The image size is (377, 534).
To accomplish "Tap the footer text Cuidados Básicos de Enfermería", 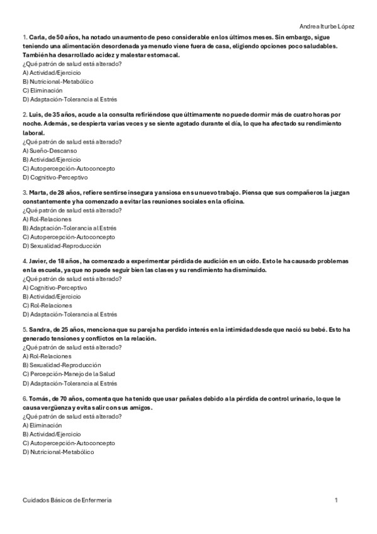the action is [x=67, y=499].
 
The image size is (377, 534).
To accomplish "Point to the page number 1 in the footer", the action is [x=337, y=499].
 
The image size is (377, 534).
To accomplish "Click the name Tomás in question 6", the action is [x=39, y=399].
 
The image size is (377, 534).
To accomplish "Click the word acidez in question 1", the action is [x=108, y=55].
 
